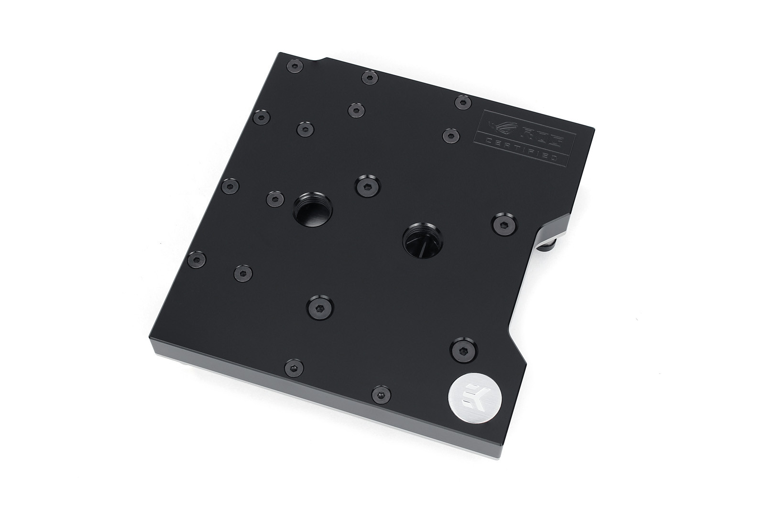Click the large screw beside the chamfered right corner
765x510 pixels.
pyautogui.click(x=503, y=222)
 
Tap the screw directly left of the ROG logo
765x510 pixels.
pyautogui.click(x=450, y=135)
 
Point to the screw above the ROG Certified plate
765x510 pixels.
pyautogui.click(x=462, y=102)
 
